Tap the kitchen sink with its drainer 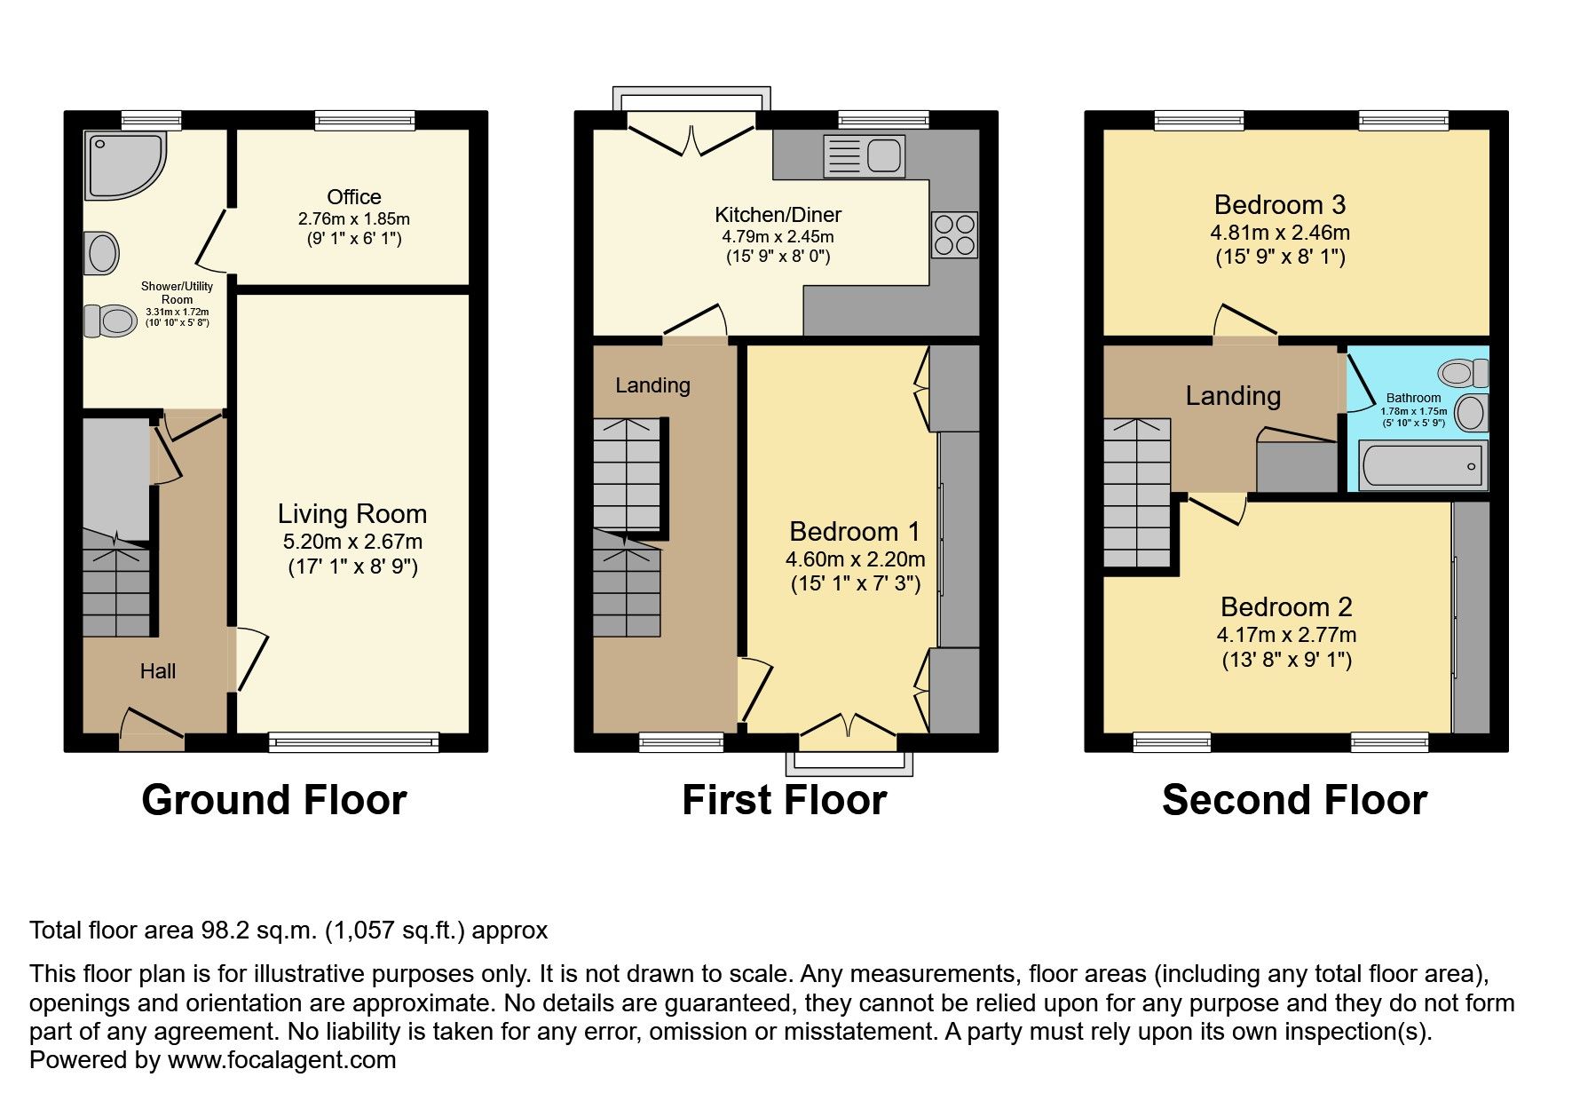pyautogui.click(x=863, y=156)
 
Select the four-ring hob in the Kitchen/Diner pyautogui.click(x=954, y=234)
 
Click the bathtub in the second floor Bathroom pyautogui.click(x=1422, y=465)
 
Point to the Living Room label pyautogui.click(x=352, y=514)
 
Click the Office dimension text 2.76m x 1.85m pyautogui.click(x=354, y=218)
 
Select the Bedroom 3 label pyautogui.click(x=1279, y=205)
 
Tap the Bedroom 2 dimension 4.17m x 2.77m pyautogui.click(x=1286, y=635)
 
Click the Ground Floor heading pyautogui.click(x=273, y=800)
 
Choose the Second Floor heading pyautogui.click(x=1294, y=800)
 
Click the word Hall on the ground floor pyautogui.click(x=158, y=671)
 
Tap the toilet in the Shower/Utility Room pyautogui.click(x=109, y=321)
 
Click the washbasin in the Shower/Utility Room pyautogui.click(x=103, y=253)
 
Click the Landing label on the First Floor pyautogui.click(x=652, y=385)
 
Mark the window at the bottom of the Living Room pyautogui.click(x=353, y=741)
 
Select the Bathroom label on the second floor pyautogui.click(x=1413, y=398)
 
